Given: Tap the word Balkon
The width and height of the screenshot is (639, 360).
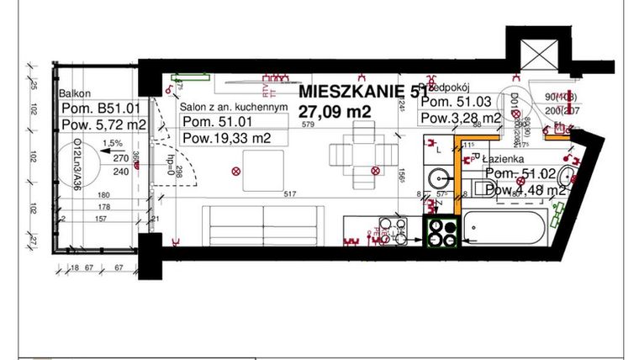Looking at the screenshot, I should pyautogui.click(x=75, y=94).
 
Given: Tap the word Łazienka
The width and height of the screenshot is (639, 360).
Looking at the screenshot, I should pyautogui.click(x=505, y=157).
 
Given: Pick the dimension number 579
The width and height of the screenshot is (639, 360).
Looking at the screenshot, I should pyautogui.click(x=308, y=125).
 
